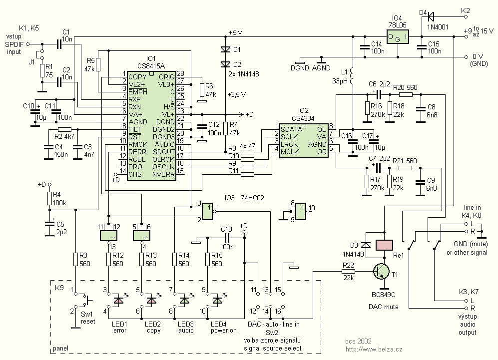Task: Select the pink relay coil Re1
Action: coord(384,245)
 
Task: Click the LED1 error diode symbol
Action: coord(119,301)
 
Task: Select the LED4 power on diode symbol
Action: coord(217,301)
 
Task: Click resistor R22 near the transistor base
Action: coord(348,271)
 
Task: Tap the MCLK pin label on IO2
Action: coord(290,151)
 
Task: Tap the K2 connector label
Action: coord(466,9)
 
